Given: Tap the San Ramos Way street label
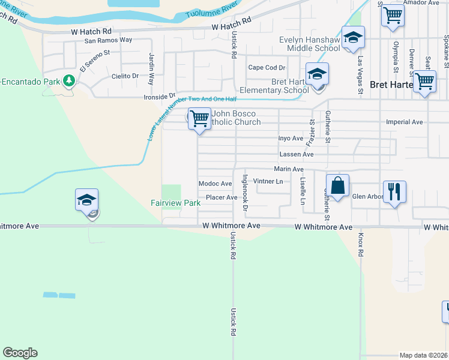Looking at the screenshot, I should click(x=108, y=40).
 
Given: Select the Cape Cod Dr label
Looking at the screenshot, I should click(x=267, y=68).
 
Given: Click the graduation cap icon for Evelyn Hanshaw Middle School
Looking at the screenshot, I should click(x=353, y=37).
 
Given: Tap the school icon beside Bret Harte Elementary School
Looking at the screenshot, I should click(x=316, y=74).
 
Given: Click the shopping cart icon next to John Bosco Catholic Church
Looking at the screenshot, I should click(x=199, y=118).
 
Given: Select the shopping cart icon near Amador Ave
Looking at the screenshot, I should click(x=392, y=15).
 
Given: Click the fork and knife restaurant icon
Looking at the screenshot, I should click(x=394, y=191).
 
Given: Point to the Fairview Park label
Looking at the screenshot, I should click(x=175, y=203).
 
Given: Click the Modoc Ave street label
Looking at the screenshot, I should click(x=215, y=184).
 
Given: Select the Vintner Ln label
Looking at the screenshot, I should click(x=268, y=181).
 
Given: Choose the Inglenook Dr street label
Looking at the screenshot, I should click(x=244, y=193).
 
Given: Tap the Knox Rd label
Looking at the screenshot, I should click(x=361, y=245).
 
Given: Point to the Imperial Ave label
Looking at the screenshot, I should click(x=405, y=122).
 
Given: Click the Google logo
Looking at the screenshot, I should click(x=20, y=353).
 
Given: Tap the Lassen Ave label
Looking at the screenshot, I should click(x=296, y=154).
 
